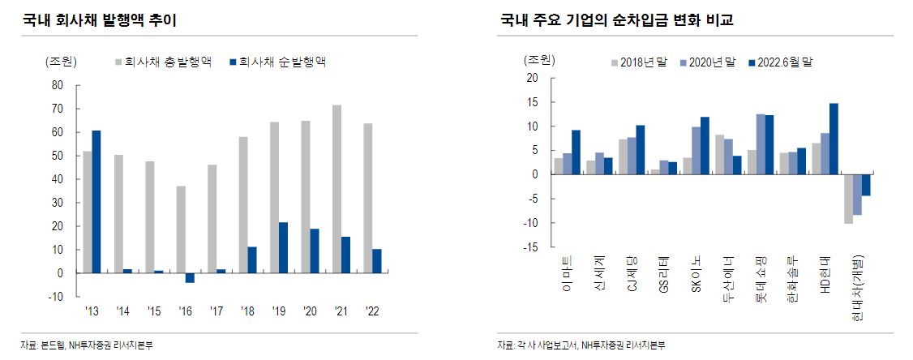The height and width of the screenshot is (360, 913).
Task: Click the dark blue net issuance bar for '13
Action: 96,202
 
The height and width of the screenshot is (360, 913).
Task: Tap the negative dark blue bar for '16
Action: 190,278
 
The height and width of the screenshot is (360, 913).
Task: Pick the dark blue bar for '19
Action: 283,247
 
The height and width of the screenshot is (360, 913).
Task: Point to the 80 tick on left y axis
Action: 57,84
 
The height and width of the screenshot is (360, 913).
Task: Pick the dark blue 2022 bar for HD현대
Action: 834,139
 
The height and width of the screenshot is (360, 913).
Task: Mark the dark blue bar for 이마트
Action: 576,152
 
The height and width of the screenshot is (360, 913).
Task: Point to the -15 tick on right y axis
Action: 532,247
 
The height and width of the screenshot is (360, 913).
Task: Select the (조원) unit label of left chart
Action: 66,62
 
